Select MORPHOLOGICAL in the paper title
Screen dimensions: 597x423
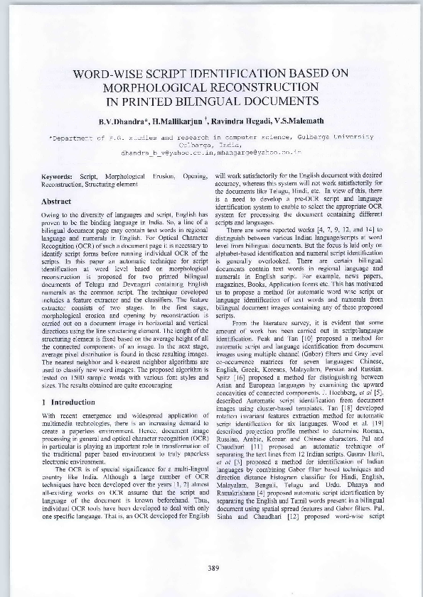[152, 87]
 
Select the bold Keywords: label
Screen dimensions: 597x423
[58, 175]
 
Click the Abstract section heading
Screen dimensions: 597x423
[58, 201]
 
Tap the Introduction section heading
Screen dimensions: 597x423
[63, 402]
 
